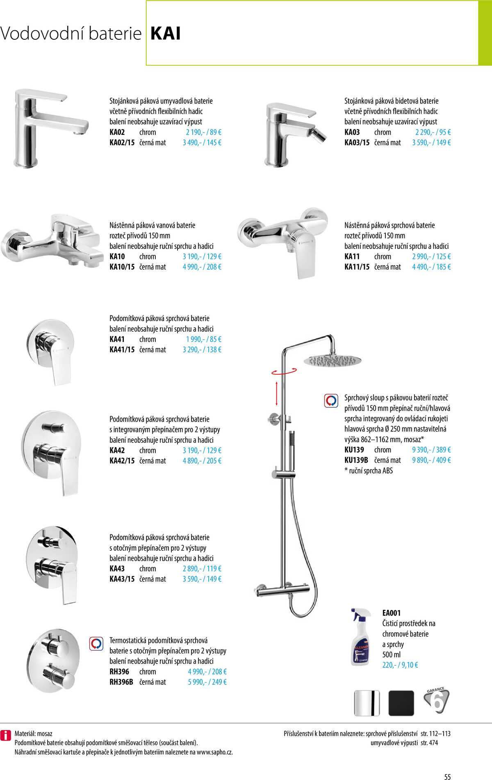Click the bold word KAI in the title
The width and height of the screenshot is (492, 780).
(166, 34)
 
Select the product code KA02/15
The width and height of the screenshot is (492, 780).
(122, 143)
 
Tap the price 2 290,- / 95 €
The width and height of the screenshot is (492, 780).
(433, 132)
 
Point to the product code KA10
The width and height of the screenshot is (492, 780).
(117, 257)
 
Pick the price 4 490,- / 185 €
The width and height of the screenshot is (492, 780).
(431, 267)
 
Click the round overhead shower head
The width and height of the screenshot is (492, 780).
(333, 361)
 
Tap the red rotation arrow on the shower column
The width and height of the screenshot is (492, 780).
(284, 372)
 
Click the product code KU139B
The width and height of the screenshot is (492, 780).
(356, 460)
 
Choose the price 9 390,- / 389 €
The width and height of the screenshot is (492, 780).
(431, 450)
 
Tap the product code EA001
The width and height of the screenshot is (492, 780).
(391, 613)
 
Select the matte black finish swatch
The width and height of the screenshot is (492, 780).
(401, 703)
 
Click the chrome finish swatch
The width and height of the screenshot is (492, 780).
(367, 703)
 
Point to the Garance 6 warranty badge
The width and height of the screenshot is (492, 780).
(436, 701)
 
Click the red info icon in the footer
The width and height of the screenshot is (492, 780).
(5, 735)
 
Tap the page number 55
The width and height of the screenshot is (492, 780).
(447, 777)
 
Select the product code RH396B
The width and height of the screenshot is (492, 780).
(121, 682)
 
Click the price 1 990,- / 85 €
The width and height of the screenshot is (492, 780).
(203, 339)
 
